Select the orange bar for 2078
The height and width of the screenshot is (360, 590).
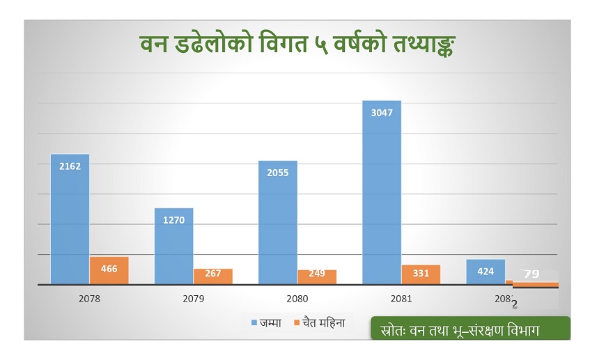(109, 271)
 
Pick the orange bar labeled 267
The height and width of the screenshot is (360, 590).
(212, 276)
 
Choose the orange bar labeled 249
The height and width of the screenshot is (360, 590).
(316, 277)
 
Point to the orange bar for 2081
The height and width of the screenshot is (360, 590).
(421, 275)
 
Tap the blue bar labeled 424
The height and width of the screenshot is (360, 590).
(486, 272)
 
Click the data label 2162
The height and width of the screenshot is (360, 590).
(70, 166)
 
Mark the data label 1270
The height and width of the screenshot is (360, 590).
(173, 220)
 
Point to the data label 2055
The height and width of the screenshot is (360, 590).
(278, 173)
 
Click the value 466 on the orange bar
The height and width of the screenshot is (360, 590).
(109, 268)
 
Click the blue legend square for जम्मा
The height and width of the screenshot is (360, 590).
(255, 322)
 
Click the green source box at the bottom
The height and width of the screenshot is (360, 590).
(470, 328)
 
